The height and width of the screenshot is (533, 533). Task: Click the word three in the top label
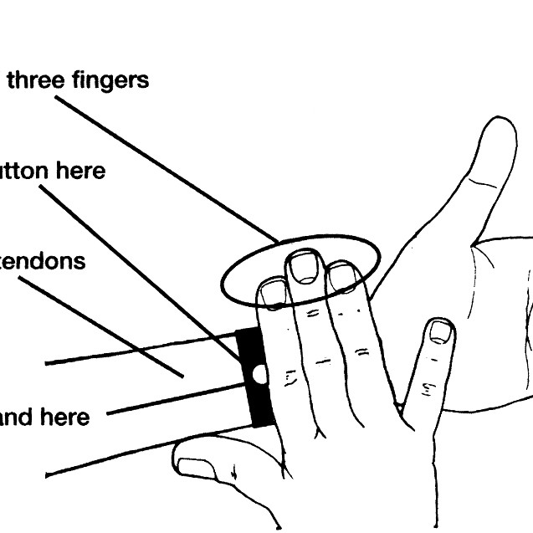(x=33, y=80)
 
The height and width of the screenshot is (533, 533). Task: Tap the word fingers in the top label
(x=107, y=81)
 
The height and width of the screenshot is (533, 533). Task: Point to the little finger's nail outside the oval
(x=440, y=332)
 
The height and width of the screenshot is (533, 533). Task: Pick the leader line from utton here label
(x=142, y=272)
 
